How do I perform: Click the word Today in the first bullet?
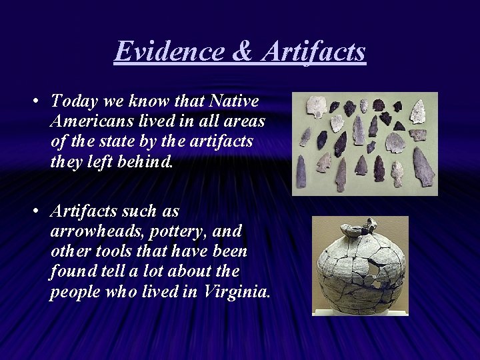71,101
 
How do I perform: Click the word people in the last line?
71,291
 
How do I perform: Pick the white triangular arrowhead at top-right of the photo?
419,111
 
